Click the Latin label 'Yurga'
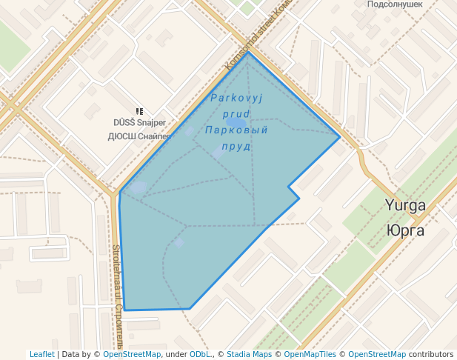pyautogui.click(x=405, y=205)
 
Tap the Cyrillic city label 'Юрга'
pyautogui.click(x=405, y=230)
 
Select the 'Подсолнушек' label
pyautogui.click(x=395, y=4)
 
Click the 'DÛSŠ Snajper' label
pyautogui.click(x=139, y=123)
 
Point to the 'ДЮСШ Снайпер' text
pyautogui.click(x=139, y=136)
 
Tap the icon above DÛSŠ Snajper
pyautogui.click(x=139, y=111)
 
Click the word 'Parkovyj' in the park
pyautogui.click(x=236, y=98)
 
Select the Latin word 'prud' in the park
pyautogui.click(x=236, y=114)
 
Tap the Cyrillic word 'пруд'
pyautogui.click(x=236, y=147)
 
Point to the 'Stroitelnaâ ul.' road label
pyautogui.click(x=117, y=296)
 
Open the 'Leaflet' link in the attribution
pyautogui.click(x=42, y=354)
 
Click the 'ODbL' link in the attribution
pyautogui.click(x=200, y=354)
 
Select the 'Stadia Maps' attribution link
pyautogui.click(x=249, y=354)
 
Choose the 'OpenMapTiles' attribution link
pyautogui.click(x=310, y=354)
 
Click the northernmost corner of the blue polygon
pyautogui.click(x=248, y=53)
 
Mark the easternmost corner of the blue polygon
pyautogui.click(x=340, y=137)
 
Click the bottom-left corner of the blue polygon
pyautogui.click(x=125, y=310)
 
